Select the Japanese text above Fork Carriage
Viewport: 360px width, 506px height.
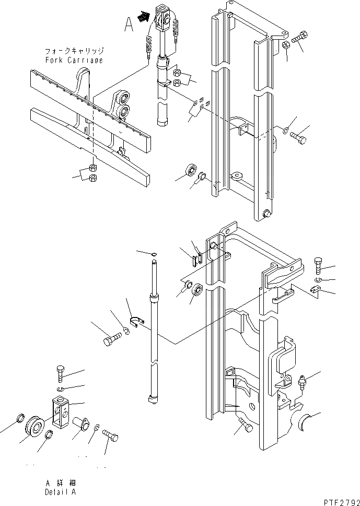pyautogui.click(x=74, y=52)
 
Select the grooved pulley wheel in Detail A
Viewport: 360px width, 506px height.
pyautogui.click(x=36, y=425)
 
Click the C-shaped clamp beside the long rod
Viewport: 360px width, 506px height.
pyautogui.click(x=136, y=323)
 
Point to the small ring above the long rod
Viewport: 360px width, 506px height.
pyautogui.click(x=153, y=254)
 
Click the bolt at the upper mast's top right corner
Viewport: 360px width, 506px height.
pyautogui.click(x=301, y=38)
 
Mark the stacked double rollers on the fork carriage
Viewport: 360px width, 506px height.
pyautogui.click(x=124, y=104)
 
